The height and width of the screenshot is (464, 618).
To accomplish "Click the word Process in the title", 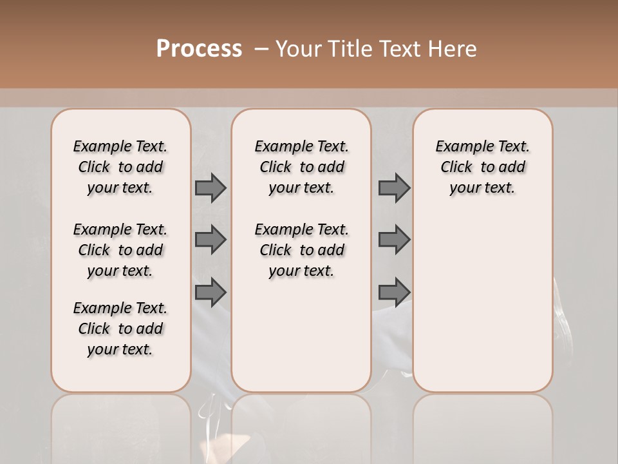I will (199, 49).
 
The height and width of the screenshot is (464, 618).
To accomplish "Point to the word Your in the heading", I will (299, 49).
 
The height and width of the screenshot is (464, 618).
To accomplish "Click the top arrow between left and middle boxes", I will (211, 188).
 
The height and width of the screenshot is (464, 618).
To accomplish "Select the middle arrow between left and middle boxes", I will (211, 240).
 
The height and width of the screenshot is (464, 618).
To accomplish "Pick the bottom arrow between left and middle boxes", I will (211, 293).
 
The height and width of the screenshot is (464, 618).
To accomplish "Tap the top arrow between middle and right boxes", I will (394, 188).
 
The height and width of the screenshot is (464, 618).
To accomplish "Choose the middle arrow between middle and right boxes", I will (394, 240).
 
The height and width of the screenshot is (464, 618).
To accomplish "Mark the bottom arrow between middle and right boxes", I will (394, 293).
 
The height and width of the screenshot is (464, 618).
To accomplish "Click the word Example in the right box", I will (459, 147).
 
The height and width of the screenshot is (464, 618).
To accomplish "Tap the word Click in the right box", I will (456, 168).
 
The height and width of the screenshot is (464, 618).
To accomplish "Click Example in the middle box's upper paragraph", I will (278, 147).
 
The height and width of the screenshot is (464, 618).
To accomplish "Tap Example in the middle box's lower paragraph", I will (278, 230).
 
